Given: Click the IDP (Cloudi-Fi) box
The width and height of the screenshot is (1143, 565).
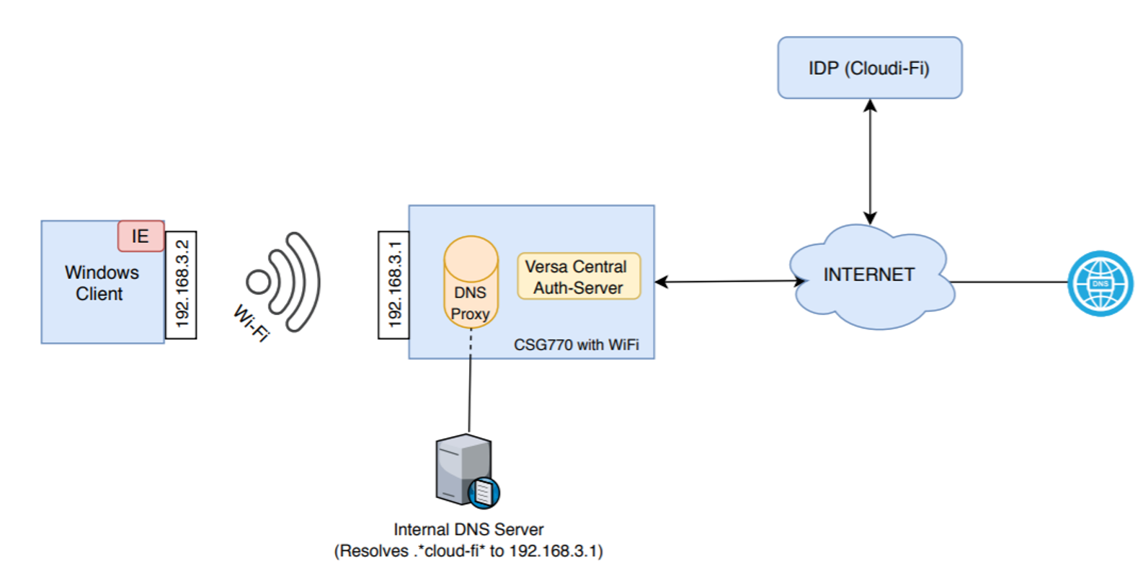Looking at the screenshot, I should (x=869, y=68).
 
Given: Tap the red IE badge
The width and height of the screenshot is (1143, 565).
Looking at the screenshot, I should (x=141, y=236).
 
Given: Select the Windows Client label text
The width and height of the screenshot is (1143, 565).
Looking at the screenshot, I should (x=101, y=283).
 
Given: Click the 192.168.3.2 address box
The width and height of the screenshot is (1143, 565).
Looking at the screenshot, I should (x=181, y=285).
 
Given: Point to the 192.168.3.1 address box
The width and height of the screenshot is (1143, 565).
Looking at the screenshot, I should (x=393, y=285).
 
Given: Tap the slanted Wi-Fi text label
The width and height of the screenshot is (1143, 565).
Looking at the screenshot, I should (x=251, y=323).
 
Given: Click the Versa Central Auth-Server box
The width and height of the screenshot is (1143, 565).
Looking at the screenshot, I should (x=578, y=277).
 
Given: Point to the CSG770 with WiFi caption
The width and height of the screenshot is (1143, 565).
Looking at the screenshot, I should (x=576, y=345).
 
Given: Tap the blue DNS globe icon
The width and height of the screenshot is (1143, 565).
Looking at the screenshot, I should (x=1099, y=283).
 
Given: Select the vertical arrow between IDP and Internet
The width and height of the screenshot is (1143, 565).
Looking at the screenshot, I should (x=870, y=161).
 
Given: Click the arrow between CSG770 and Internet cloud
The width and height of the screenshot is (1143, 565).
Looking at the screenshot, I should (x=728, y=281).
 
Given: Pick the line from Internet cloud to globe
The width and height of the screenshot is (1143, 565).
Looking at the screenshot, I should (x=1009, y=282).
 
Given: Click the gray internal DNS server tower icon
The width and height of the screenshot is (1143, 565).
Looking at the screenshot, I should (x=462, y=468).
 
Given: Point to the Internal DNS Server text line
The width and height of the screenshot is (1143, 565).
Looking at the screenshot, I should (x=468, y=530).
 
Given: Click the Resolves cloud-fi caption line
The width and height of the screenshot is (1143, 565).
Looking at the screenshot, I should (x=468, y=551).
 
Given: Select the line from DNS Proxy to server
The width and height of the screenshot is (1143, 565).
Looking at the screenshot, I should (x=470, y=382).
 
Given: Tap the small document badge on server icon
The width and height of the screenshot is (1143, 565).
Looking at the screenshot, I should (x=484, y=493).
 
